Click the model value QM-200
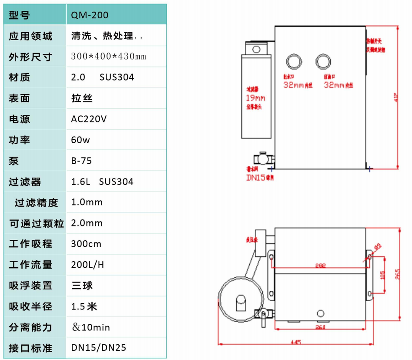click(x=90, y=15)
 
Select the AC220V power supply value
click(x=89, y=119)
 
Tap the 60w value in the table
click(x=81, y=140)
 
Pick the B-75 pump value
click(x=81, y=161)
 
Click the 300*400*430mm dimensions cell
click(x=109, y=57)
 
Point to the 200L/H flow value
click(x=87, y=265)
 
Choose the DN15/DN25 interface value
click(x=99, y=348)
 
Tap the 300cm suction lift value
click(x=86, y=244)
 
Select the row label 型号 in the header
click(x=19, y=15)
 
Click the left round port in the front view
click(x=294, y=62)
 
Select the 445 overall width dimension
click(x=295, y=342)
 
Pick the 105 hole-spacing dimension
click(x=382, y=275)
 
